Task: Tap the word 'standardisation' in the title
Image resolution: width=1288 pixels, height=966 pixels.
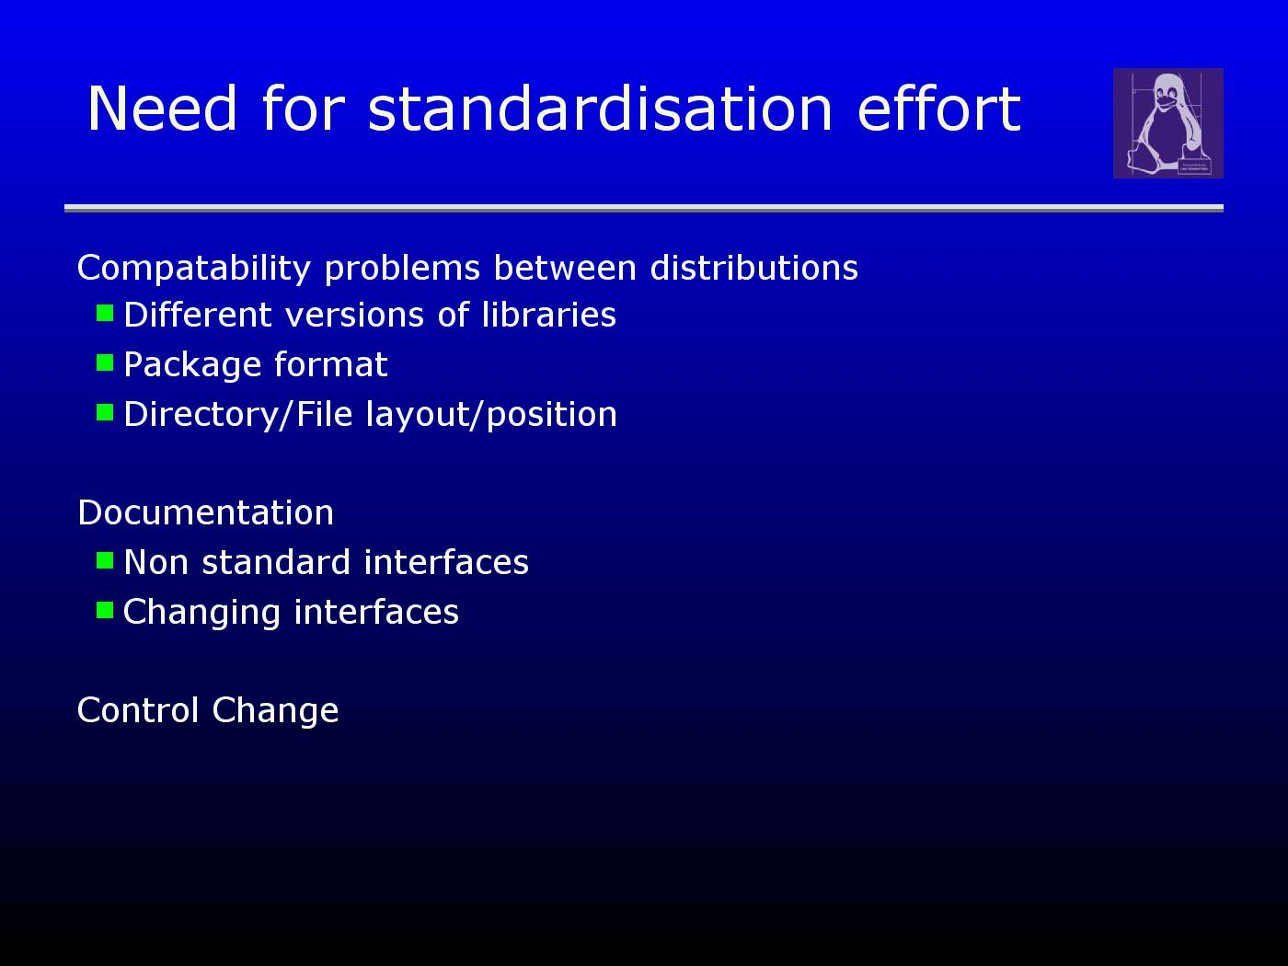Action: [x=600, y=109]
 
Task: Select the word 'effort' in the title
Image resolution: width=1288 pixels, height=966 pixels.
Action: [x=939, y=109]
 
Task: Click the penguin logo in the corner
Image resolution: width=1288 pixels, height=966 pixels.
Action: [x=1167, y=123]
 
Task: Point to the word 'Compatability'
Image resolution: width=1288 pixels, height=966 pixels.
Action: [x=193, y=269]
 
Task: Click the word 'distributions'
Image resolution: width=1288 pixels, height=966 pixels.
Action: [x=754, y=268]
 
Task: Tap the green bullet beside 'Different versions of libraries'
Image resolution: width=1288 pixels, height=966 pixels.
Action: [x=105, y=313]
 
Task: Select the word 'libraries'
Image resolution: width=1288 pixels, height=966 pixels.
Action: [x=548, y=315]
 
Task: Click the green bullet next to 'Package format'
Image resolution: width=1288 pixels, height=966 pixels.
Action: [x=105, y=362]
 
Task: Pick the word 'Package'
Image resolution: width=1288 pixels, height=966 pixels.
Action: [x=192, y=365]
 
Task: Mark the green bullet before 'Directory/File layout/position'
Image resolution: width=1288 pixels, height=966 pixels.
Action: [x=105, y=412]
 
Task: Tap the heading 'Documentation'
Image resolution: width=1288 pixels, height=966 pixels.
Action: [x=205, y=512]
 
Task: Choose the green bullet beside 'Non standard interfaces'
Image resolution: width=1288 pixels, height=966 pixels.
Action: [x=105, y=560]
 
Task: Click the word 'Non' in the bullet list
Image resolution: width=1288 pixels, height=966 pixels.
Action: [x=156, y=562]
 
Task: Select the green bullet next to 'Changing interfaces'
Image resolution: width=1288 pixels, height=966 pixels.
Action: [x=105, y=610]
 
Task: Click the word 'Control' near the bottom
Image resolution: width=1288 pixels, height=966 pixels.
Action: [x=138, y=710]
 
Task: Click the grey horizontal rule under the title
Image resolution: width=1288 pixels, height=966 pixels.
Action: [x=644, y=208]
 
